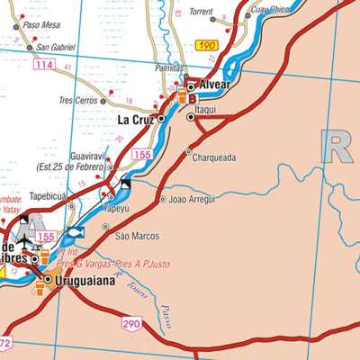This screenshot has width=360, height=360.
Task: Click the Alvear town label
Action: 214,85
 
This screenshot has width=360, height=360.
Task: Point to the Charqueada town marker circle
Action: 189,151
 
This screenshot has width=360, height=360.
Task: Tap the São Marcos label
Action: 137,237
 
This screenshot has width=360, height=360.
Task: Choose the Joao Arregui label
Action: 192,199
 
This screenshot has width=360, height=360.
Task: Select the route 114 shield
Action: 43,66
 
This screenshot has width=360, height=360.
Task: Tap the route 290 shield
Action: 131,322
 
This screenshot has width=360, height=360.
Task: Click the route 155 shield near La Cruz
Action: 141,155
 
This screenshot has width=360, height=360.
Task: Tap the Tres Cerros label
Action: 78,101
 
